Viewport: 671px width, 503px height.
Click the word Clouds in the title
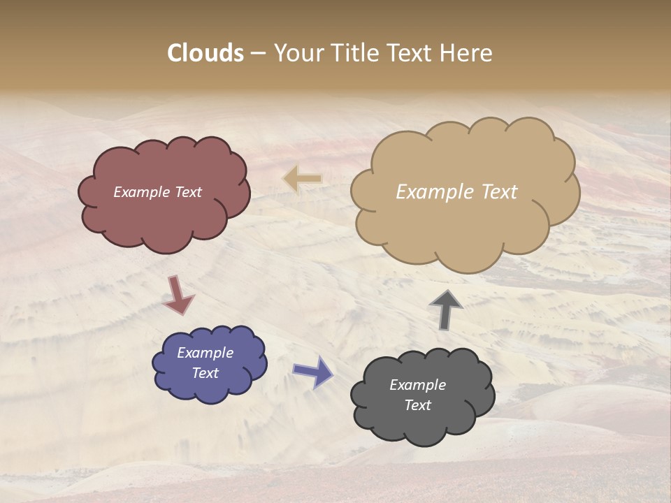pyautogui.click(x=205, y=53)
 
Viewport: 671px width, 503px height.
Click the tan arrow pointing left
pyautogui.click(x=302, y=179)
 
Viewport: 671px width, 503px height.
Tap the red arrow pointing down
pyautogui.click(x=178, y=296)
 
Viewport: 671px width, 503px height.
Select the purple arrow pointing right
pyautogui.click(x=313, y=372)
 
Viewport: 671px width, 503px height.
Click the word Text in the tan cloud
pyautogui.click(x=498, y=192)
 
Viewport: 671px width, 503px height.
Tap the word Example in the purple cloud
pyautogui.click(x=205, y=353)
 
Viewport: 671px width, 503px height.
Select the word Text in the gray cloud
pyautogui.click(x=417, y=405)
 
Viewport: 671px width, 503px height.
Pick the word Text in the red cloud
pyautogui.click(x=188, y=192)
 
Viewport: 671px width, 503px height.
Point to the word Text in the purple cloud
pyautogui.click(x=205, y=373)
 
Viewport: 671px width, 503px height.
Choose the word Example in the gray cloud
pyautogui.click(x=417, y=385)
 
